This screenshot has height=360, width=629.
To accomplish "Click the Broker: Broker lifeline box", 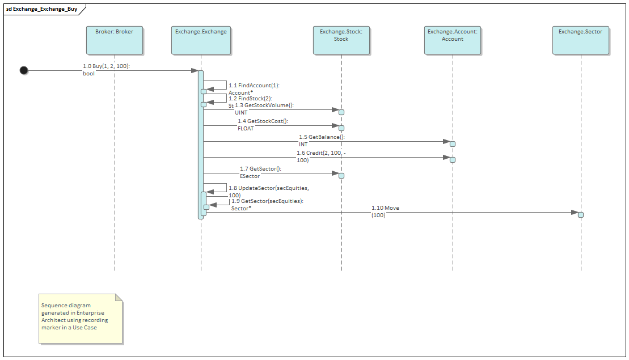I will [114, 40].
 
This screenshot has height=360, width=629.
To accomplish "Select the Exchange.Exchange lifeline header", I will [201, 40].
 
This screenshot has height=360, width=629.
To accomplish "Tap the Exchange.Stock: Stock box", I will [341, 40].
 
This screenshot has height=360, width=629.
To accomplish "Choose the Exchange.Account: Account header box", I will [452, 40].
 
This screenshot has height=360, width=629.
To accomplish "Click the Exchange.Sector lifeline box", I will [580, 40].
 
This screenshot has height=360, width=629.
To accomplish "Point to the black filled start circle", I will [24, 70].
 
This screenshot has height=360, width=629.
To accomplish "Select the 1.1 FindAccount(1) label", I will [254, 86].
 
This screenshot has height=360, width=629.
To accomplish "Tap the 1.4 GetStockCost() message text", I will [263, 121].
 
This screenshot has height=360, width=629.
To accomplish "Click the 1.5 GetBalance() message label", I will [322, 137].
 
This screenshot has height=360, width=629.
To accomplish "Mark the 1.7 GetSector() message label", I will [260, 169].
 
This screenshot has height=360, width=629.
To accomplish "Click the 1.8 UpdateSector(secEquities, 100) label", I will [268, 188].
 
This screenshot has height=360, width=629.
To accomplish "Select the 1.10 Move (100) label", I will [385, 208].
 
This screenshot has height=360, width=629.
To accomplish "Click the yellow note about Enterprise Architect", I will [80, 319].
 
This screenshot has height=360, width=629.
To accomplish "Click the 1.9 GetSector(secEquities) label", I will [267, 201].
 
